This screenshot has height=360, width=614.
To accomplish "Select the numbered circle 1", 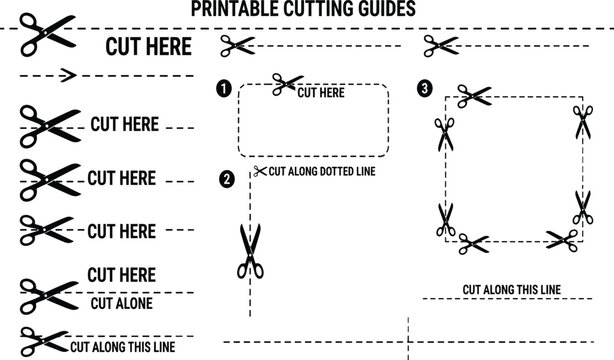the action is click(224, 89).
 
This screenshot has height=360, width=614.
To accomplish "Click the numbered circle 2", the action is click(227, 179).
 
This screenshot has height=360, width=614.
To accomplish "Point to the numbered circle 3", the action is click(425, 88).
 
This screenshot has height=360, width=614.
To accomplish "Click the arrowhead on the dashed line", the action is click(68, 75).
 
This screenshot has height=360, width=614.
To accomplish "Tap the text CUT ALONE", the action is click(122, 304).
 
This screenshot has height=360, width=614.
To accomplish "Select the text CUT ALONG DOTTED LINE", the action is click(322, 172).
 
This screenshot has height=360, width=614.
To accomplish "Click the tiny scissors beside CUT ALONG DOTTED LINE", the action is click(260, 171).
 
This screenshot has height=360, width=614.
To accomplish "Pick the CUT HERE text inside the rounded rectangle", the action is click(321, 93).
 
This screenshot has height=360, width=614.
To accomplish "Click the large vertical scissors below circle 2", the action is click(250, 251).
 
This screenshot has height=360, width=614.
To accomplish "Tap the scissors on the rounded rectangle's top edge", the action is click(287, 84).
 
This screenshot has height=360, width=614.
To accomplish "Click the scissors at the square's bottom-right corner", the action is click(563, 240).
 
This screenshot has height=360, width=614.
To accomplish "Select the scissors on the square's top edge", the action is click(474, 96).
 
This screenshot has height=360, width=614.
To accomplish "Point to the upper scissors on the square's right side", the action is click(583, 122).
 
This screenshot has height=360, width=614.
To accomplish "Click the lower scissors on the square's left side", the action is click(446, 220).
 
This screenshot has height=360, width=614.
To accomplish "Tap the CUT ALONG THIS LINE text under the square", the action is click(512, 290).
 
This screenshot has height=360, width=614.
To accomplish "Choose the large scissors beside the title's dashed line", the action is click(47, 34).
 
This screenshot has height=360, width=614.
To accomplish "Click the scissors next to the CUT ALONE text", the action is click(49, 296).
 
